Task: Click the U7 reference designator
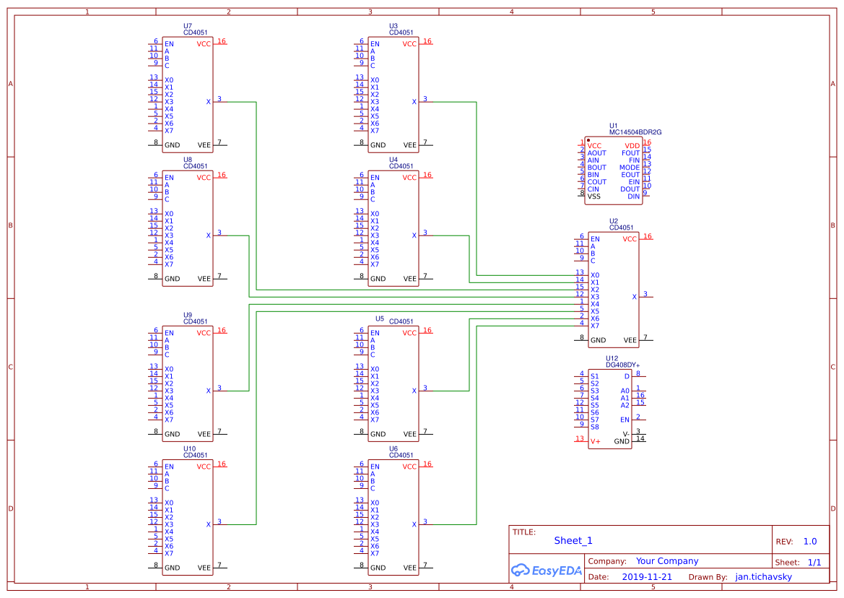point(188,25)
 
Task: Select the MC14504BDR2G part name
point(635,132)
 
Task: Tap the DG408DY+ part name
point(622,365)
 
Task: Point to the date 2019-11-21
point(646,577)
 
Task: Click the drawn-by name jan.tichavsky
point(763,577)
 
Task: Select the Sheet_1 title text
point(573,541)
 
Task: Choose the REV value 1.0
point(809,542)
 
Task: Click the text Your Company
point(666,561)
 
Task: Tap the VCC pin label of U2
point(630,239)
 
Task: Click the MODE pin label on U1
point(629,168)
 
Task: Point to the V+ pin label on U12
point(595,441)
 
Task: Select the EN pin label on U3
point(374,44)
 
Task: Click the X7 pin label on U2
point(595,326)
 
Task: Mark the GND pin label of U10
point(172,568)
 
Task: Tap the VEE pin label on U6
point(410,568)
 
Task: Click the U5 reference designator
point(380,318)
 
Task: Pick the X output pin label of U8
point(209,235)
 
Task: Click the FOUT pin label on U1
point(630,153)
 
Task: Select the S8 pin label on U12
point(594,427)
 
